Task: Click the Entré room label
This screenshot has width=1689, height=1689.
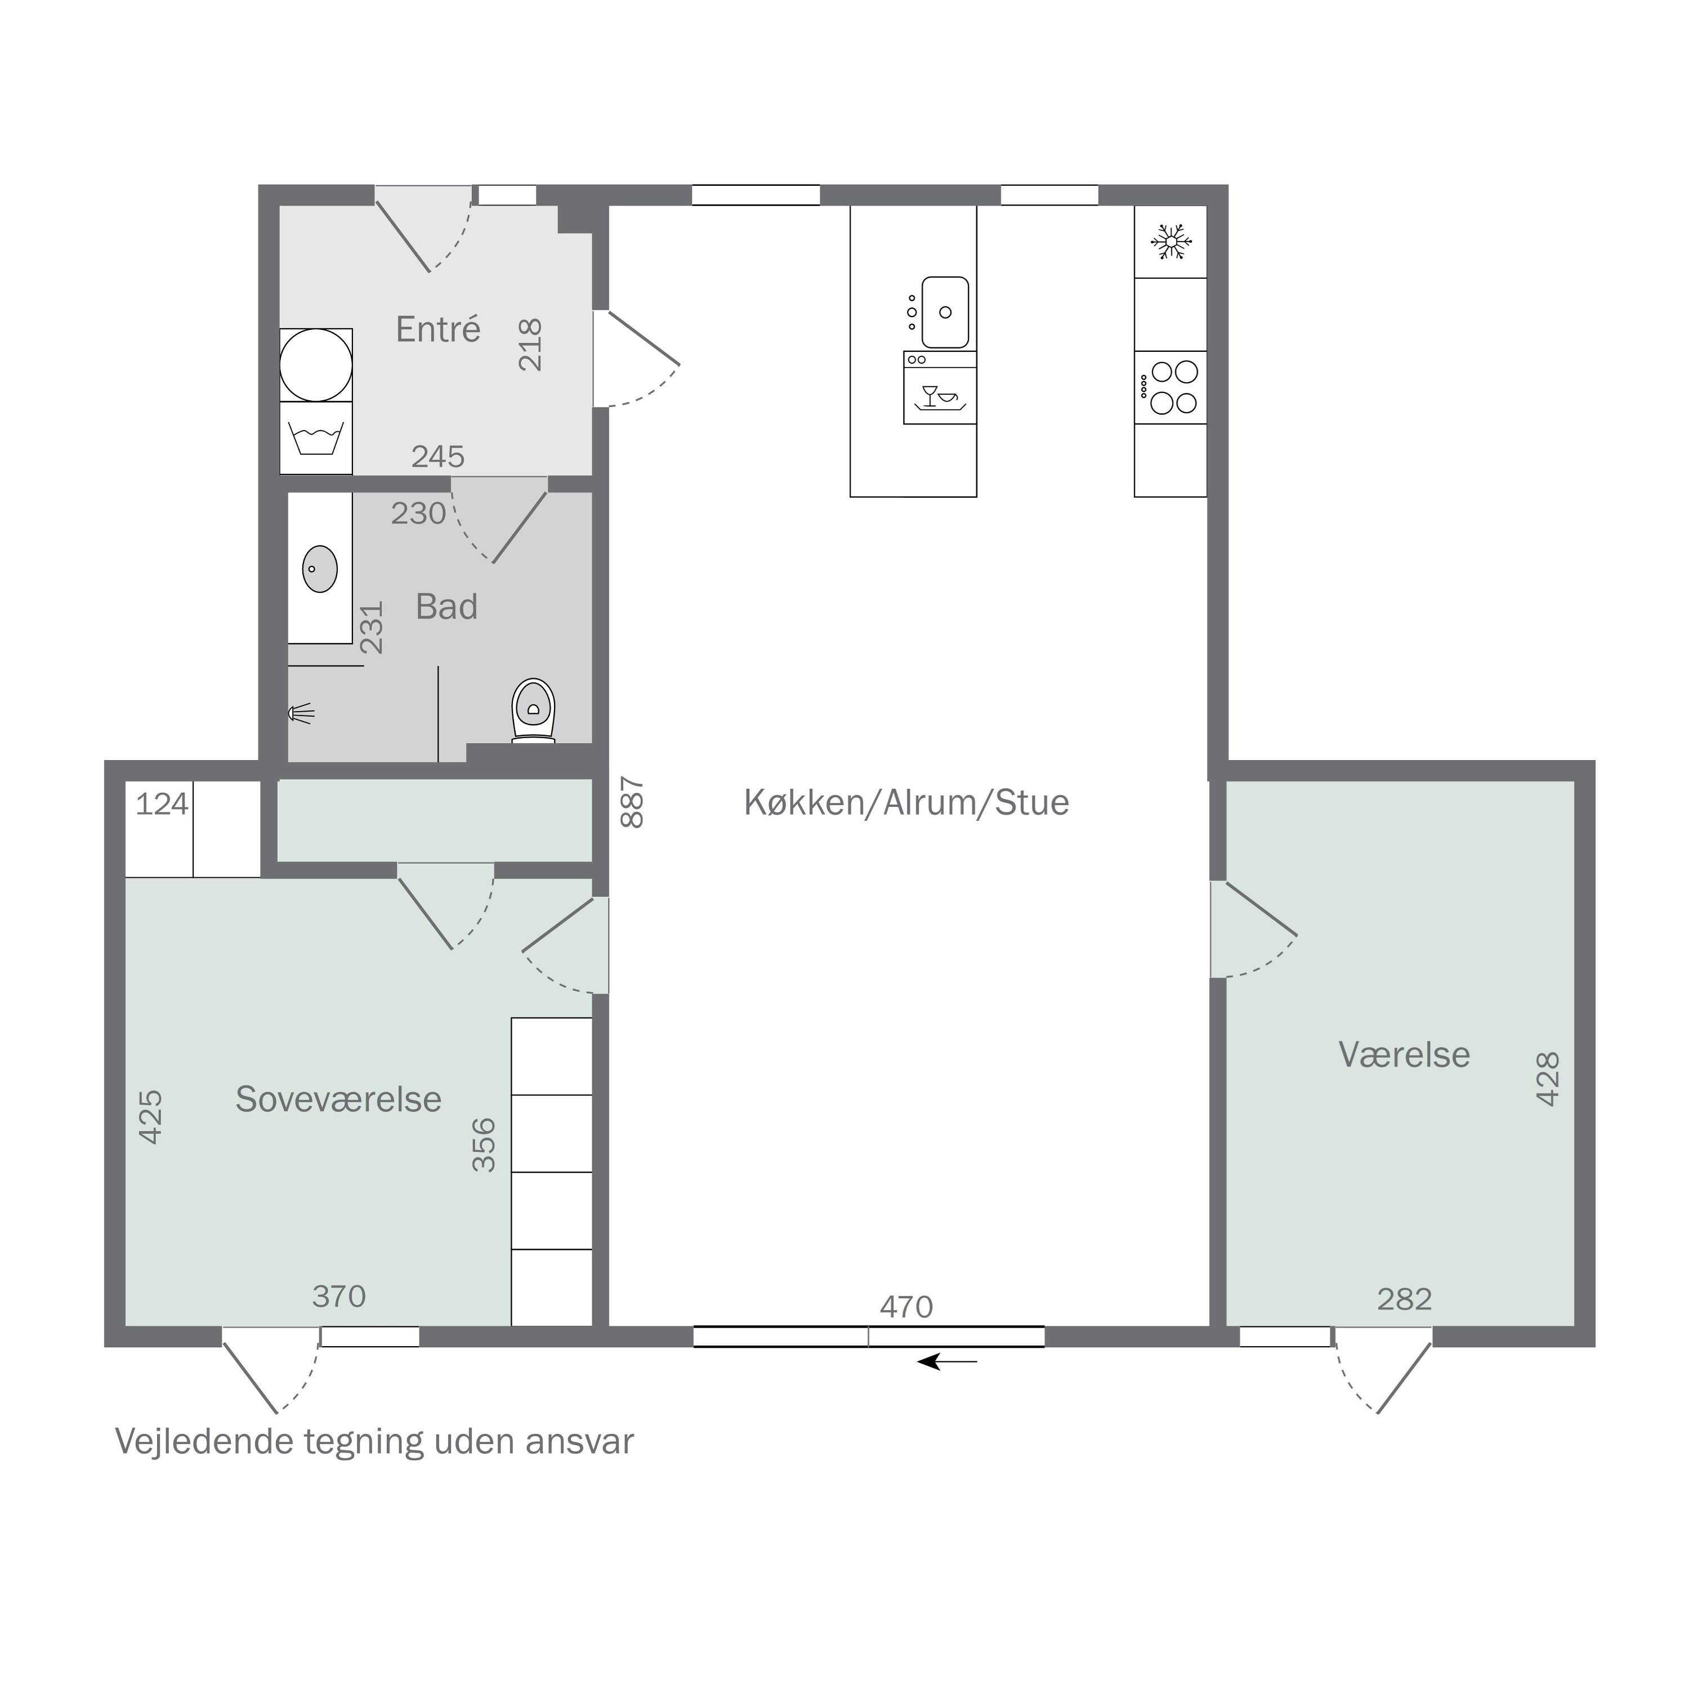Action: pos(438,329)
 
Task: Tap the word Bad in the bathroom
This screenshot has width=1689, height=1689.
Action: pos(446,607)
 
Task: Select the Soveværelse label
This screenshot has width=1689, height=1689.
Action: pos(338,1099)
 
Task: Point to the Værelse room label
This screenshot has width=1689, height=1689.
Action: pos(1404,1054)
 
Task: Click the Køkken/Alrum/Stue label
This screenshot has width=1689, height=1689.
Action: pos(906,802)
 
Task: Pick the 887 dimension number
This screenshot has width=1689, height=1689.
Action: pos(631,802)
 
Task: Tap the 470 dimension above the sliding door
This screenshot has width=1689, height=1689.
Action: pos(906,1307)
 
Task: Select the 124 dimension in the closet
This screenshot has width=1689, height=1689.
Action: pos(162,803)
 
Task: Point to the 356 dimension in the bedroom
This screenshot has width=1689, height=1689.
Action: pos(484,1145)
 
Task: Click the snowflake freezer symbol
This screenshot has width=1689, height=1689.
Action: pos(1170,242)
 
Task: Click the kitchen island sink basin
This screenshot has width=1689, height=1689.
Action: pos(945,312)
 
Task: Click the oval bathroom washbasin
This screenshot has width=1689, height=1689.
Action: pos(320,569)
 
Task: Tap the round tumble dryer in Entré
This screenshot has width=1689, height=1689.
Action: pos(316,365)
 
